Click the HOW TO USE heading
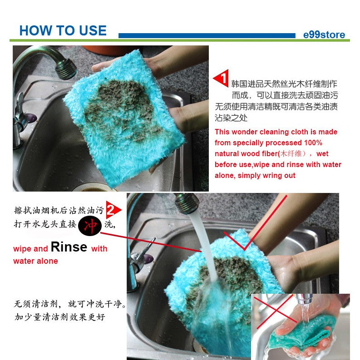[x=63, y=30]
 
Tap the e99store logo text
[x=324, y=35]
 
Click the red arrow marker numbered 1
[x=221, y=78]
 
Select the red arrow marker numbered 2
[x=113, y=210]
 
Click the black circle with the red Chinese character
[x=90, y=226]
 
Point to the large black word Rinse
[x=69, y=247]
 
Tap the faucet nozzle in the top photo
[x=66, y=69]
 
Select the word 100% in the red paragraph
[x=313, y=143]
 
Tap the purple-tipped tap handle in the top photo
[x=32, y=118]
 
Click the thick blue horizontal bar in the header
[x=207, y=35]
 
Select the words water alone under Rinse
[x=35, y=261]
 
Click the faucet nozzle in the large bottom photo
[x=187, y=203]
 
